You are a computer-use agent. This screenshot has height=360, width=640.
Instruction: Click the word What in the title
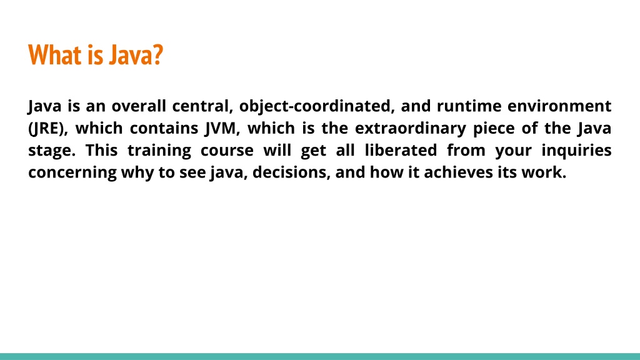(x=54, y=55)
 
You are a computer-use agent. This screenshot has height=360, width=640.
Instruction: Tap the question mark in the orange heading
(x=157, y=55)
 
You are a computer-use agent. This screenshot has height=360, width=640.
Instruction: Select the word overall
(x=139, y=106)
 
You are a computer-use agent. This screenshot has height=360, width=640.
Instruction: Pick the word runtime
(x=469, y=106)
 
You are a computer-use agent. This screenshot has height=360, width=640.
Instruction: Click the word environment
(x=559, y=106)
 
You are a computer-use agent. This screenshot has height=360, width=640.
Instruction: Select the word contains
(x=164, y=128)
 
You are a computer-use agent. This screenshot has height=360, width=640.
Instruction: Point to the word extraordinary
(x=410, y=129)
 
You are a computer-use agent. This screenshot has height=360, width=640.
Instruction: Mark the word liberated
(x=401, y=150)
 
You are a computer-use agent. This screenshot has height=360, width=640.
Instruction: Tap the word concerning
(x=72, y=173)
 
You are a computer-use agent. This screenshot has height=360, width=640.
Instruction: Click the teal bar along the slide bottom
(x=320, y=356)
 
